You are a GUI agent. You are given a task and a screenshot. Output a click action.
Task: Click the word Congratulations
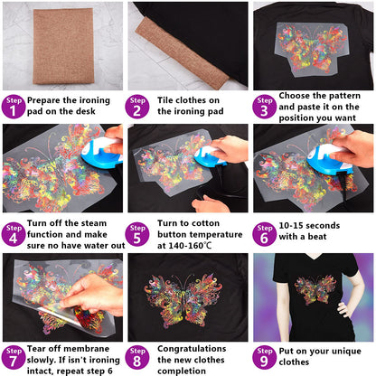tap(193, 348)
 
